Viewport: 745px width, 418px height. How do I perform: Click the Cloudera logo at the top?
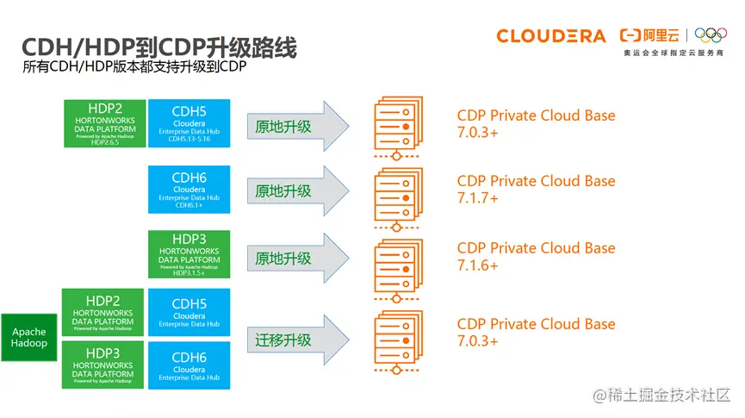coord(551,35)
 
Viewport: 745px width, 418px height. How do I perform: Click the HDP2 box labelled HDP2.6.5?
coord(104,122)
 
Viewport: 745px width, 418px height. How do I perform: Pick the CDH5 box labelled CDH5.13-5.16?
coord(189,122)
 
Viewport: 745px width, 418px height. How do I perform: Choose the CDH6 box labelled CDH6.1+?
coord(189,190)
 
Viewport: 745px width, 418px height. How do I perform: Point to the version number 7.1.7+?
coord(478,198)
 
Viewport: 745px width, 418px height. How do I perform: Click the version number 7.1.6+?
coord(478,265)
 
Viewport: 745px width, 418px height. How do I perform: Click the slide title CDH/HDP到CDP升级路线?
coord(158,48)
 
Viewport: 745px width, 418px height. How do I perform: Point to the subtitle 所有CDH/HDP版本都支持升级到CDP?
coord(129,70)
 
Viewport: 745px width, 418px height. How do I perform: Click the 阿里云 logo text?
coord(650,35)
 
